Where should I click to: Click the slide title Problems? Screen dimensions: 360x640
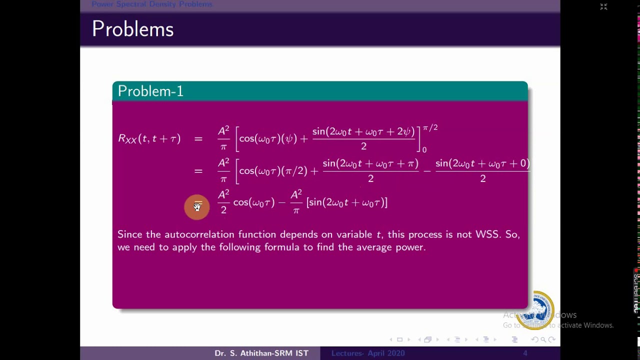pyautogui.click(x=132, y=29)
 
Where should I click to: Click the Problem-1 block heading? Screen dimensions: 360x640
pyautogui.click(x=150, y=91)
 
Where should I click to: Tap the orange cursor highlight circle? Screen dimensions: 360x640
pyautogui.click(x=197, y=207)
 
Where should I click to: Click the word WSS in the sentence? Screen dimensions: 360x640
pyautogui.click(x=487, y=234)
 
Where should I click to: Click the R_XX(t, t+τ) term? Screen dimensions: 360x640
pyautogui.click(x=149, y=138)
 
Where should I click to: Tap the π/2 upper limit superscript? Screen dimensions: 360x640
pyautogui.click(x=430, y=128)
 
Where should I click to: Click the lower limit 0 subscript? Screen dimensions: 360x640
pyautogui.click(x=424, y=149)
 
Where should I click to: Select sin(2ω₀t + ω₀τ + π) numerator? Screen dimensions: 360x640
pyautogui.click(x=370, y=163)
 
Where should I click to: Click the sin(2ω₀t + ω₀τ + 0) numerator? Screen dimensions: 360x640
pyautogui.click(x=482, y=163)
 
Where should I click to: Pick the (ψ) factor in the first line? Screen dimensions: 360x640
pyautogui.click(x=289, y=138)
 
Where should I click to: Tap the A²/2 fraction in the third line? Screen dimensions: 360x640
pyautogui.click(x=223, y=202)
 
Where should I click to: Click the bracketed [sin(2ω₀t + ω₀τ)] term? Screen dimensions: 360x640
pyautogui.click(x=347, y=202)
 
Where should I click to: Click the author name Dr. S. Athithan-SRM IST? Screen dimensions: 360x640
pyautogui.click(x=261, y=353)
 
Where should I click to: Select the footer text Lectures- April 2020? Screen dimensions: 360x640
pyautogui.click(x=368, y=353)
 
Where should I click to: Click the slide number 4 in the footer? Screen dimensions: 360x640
pyautogui.click(x=525, y=353)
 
